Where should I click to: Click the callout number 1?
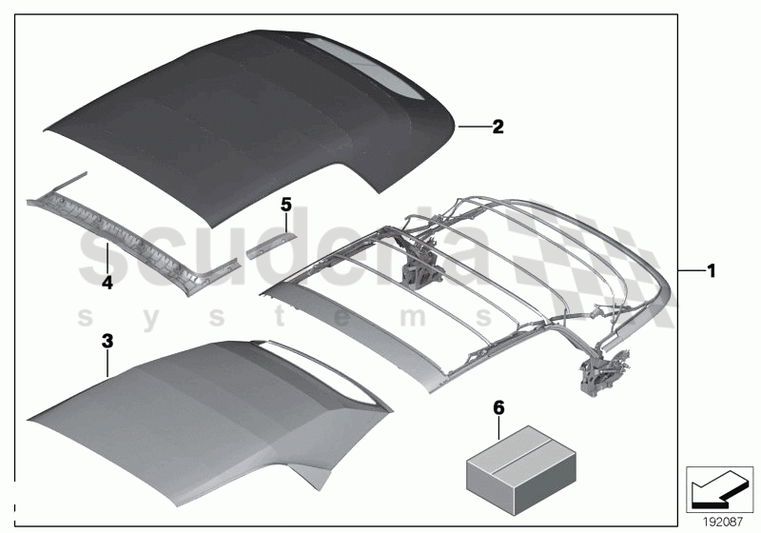click(x=710, y=270)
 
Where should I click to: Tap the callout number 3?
click(x=107, y=339)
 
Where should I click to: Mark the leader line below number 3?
click(x=108, y=363)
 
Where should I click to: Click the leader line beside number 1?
click(x=690, y=270)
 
